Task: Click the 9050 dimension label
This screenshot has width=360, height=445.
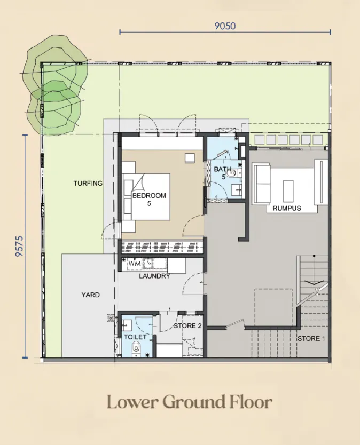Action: tap(225, 26)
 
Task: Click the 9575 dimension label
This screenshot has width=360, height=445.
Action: tap(19, 247)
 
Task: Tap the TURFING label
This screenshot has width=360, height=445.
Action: tap(88, 184)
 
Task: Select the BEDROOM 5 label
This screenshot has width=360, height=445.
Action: tap(149, 199)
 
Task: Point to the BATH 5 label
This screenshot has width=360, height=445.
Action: tap(223, 173)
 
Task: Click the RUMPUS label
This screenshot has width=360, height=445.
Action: tap(287, 208)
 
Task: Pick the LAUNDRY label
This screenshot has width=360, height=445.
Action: tap(154, 276)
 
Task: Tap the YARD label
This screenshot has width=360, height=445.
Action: tap(91, 295)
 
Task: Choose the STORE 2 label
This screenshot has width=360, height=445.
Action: tap(187, 326)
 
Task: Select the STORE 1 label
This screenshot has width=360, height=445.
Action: tap(311, 339)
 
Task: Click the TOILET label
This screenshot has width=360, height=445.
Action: tap(135, 337)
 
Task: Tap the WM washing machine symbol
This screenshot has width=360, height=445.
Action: tap(135, 264)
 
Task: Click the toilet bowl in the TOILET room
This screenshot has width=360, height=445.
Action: tap(136, 348)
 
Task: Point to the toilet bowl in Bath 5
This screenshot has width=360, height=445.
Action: tap(231, 172)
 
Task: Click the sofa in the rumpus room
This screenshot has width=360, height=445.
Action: tap(261, 184)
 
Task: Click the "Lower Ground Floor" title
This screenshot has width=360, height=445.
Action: tap(190, 402)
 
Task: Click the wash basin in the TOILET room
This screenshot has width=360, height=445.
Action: tap(127, 325)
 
